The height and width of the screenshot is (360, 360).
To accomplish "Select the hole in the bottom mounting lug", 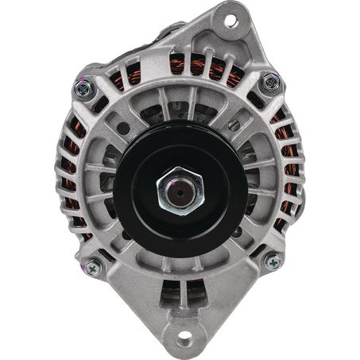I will tap(184, 335).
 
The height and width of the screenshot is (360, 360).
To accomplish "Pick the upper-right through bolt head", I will tap(271, 82).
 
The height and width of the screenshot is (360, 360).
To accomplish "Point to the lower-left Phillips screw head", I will tap(92, 269).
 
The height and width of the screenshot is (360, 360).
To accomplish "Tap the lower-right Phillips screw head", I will tap(273, 261).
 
